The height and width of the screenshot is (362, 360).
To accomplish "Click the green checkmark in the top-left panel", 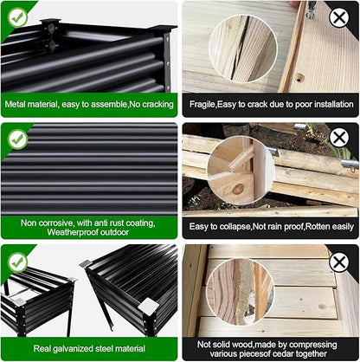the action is tap(18, 17).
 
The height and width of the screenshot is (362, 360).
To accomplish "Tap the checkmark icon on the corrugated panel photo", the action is tap(18, 139).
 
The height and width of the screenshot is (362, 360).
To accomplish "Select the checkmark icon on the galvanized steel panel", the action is tap(18, 262).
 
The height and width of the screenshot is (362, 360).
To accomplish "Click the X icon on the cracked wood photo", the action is tap(339, 17).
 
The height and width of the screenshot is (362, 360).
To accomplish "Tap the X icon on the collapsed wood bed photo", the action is tap(339, 138).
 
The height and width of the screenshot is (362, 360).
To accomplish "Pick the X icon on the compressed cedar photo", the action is tap(339, 262).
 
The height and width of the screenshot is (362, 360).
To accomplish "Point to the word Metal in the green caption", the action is tap(15, 104).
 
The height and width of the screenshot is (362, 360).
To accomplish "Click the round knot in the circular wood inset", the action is tap(238, 190).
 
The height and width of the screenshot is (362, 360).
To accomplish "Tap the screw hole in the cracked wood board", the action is tap(299, 77).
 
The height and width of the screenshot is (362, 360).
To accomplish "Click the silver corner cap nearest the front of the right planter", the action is tap(148, 306).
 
